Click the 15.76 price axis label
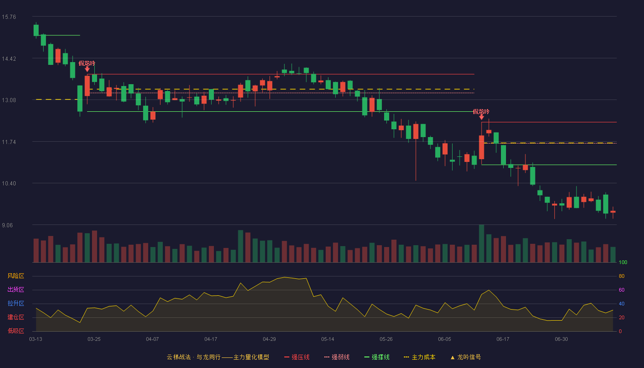click(x=9, y=17)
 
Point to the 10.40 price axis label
click(x=9, y=184)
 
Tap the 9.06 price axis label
click(x=7, y=225)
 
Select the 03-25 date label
click(x=94, y=339)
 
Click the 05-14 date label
click(x=328, y=339)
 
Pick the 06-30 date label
click(x=562, y=339)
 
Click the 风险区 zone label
click(x=16, y=276)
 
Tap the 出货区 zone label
click(x=16, y=289)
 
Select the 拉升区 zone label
click(x=16, y=303)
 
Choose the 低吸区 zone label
click(x=16, y=331)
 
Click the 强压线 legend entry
click(x=297, y=357)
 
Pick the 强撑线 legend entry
click(x=377, y=357)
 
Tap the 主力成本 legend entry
click(x=420, y=357)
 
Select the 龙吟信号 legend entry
click(x=466, y=357)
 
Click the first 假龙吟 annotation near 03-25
click(x=87, y=63)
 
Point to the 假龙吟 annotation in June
click(x=481, y=111)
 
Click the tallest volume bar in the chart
click(x=482, y=243)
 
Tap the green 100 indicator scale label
click(x=623, y=262)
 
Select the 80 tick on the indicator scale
click(x=621, y=276)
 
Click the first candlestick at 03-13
click(x=36, y=30)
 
